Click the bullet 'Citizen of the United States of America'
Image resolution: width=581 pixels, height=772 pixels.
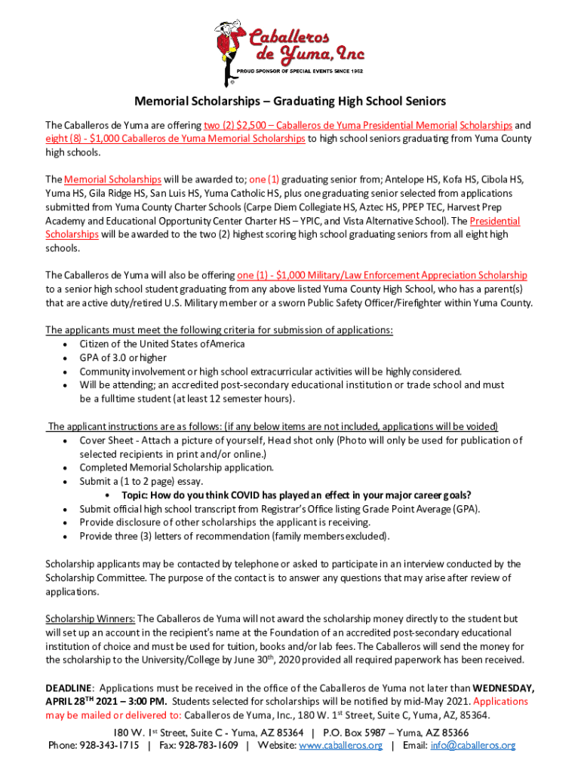click(162, 344)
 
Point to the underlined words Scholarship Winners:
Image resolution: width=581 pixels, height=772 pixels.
click(91, 618)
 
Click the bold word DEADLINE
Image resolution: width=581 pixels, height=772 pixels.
click(69, 688)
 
